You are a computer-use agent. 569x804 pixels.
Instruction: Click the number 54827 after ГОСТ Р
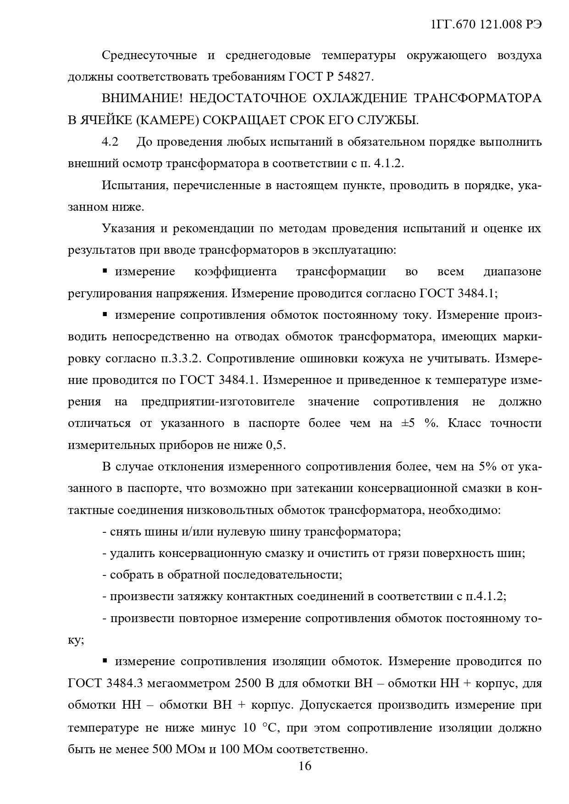[x=355, y=77]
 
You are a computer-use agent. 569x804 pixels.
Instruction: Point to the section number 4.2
[x=110, y=142]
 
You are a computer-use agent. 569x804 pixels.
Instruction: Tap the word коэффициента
[x=235, y=272]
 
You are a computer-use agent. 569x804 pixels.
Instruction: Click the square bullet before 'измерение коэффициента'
[x=105, y=271]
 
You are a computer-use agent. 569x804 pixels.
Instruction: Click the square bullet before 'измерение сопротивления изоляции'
[x=105, y=661]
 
